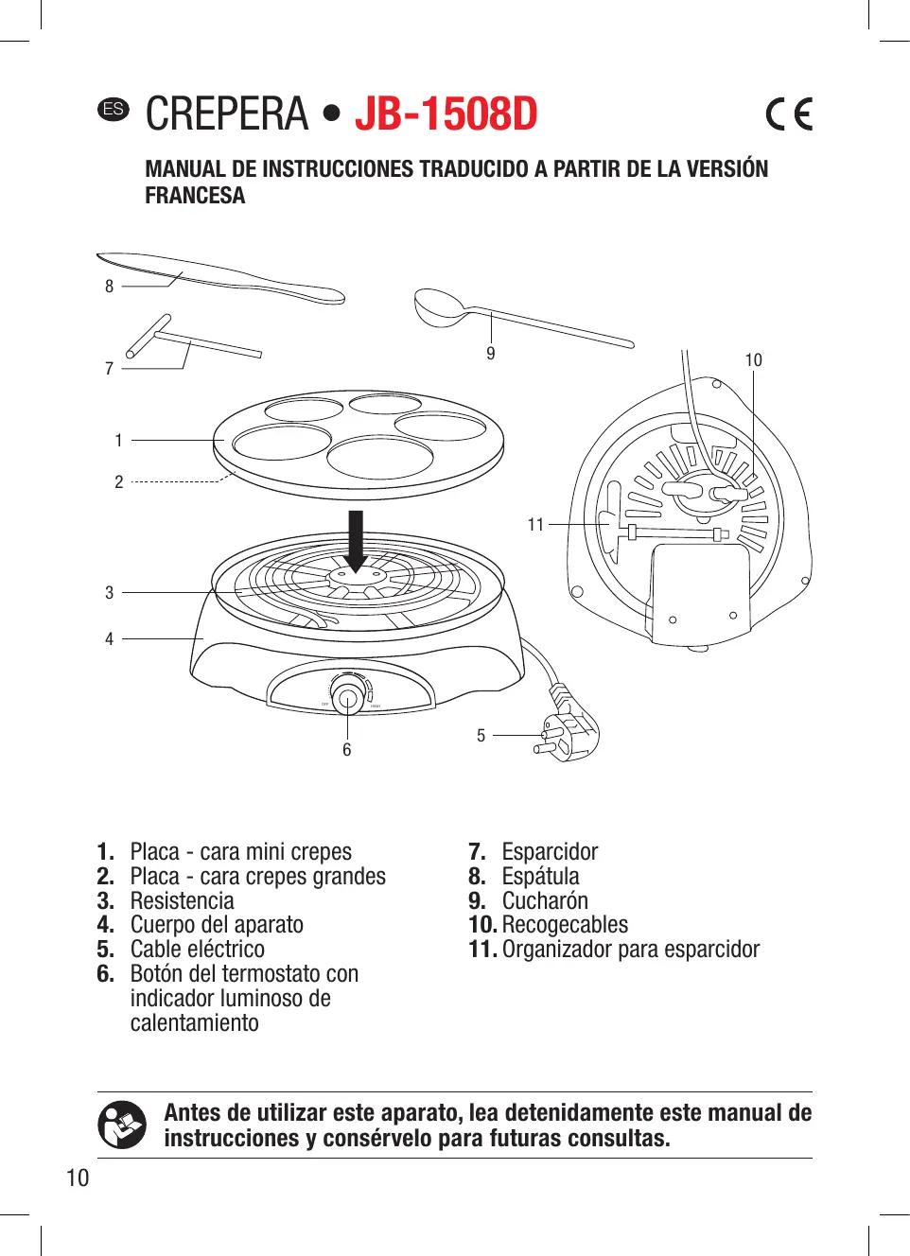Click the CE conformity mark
[789, 114]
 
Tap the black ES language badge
[114, 109]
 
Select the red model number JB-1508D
[446, 114]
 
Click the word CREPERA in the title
[227, 114]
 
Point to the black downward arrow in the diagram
[356, 540]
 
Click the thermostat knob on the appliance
[347, 699]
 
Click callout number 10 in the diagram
[753, 360]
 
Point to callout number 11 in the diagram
[535, 525]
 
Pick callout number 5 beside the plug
[481, 736]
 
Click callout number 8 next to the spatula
[109, 287]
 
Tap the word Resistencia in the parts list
[182, 901]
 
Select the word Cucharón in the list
[545, 901]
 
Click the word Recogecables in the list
[565, 925]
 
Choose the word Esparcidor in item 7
[550, 852]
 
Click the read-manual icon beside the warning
[122, 1125]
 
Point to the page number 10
[78, 1178]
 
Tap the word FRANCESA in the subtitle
[195, 196]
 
